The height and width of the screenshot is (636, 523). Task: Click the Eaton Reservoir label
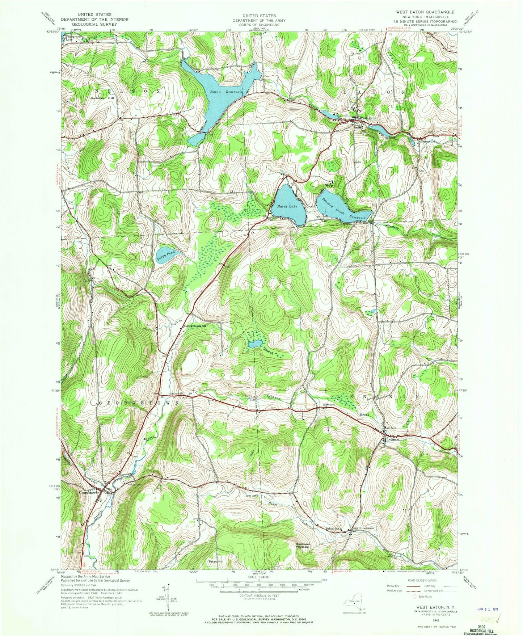(226, 92)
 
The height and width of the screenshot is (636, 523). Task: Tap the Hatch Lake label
(287, 206)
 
